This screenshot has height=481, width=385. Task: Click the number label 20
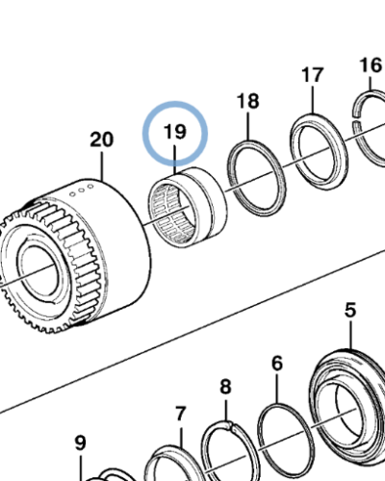(x=101, y=139)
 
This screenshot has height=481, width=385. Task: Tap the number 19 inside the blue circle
(x=174, y=134)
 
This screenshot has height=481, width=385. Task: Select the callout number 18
(x=247, y=101)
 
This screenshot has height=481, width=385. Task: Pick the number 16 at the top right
(x=371, y=64)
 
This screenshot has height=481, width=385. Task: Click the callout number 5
(x=350, y=310)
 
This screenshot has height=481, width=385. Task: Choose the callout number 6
(x=276, y=363)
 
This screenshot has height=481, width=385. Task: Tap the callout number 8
(x=225, y=386)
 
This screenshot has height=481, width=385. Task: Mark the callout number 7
(x=179, y=414)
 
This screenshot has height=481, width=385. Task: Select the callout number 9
(x=80, y=443)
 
